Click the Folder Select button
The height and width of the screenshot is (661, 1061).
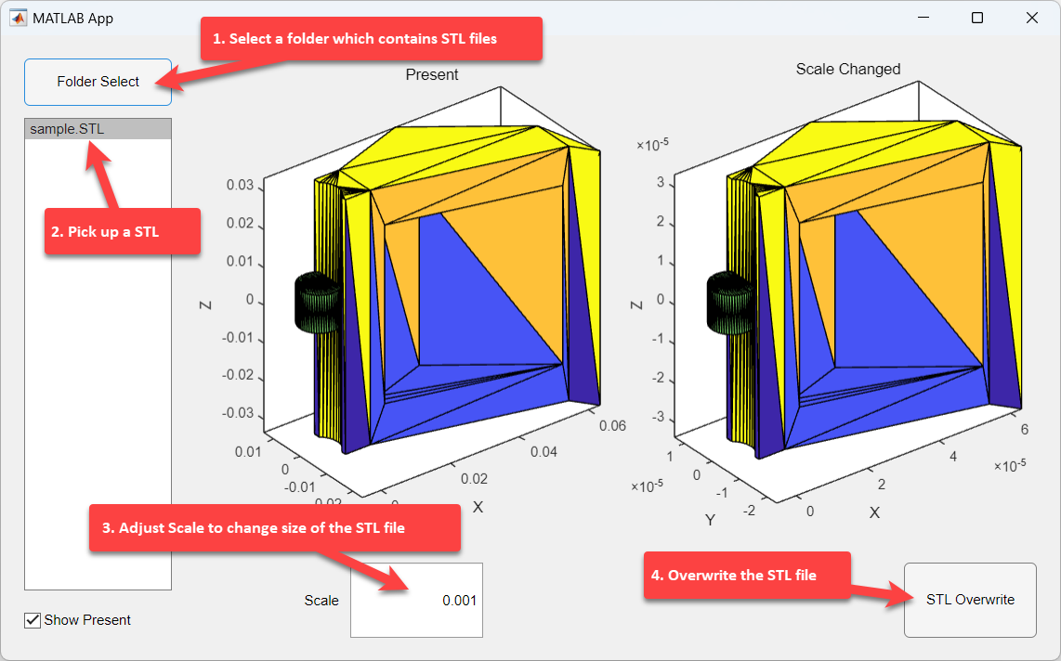[x=98, y=82]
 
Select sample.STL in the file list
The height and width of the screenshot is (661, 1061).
[x=67, y=129]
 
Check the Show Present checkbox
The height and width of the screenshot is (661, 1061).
[x=33, y=620]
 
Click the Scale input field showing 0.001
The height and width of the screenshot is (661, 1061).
[x=416, y=600]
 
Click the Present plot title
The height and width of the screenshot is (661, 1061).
[x=432, y=74]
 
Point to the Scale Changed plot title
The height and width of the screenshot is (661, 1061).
[x=848, y=69]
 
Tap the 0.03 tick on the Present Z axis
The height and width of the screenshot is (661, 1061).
[x=240, y=185]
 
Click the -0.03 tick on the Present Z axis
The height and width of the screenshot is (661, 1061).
[x=238, y=413]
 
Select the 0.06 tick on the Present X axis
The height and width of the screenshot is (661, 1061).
[x=612, y=426]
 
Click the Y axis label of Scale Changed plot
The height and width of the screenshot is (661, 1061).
[x=710, y=520]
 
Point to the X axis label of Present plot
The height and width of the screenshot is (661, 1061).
[x=478, y=507]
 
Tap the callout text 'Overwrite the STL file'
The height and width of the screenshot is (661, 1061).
[x=741, y=576]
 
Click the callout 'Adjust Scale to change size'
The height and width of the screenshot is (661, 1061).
[x=275, y=528]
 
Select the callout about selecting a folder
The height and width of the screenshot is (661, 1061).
[x=372, y=38]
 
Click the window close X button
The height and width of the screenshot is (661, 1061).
[x=1032, y=18]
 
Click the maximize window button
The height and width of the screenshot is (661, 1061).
[x=977, y=18]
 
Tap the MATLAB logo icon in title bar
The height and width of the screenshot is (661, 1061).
[x=18, y=18]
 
